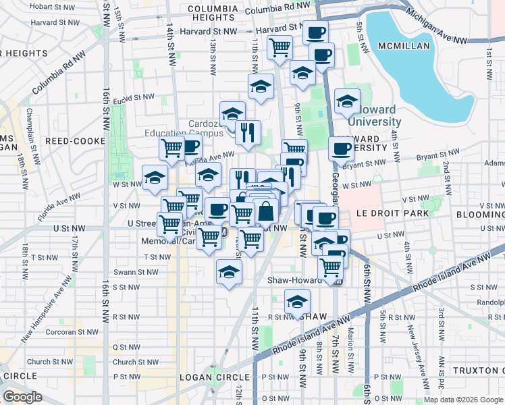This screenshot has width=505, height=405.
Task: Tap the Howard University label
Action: (375, 116)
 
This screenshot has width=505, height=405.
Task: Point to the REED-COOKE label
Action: (75, 141)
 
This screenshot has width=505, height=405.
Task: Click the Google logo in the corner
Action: (22, 396)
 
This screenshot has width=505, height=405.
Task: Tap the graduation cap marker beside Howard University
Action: (348, 102)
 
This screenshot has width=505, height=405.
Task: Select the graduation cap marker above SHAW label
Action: (297, 301)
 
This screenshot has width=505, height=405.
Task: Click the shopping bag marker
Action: (267, 211)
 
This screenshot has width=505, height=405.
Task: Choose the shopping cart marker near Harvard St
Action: (279, 48)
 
